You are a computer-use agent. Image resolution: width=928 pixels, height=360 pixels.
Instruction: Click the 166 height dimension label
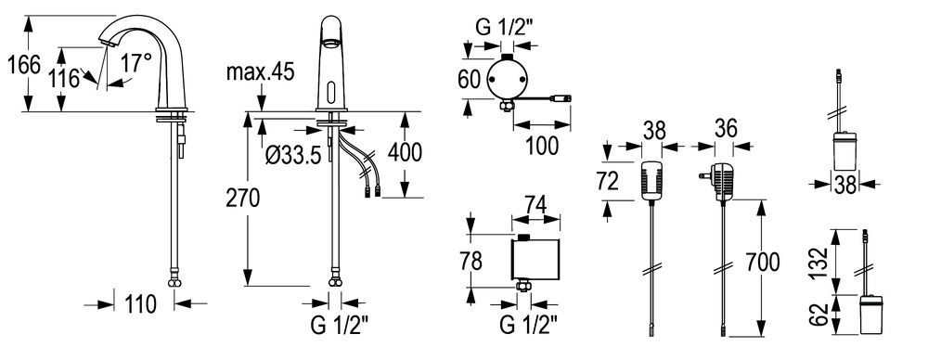click(24, 65)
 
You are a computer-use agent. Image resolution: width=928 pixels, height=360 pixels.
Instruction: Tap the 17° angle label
click(136, 63)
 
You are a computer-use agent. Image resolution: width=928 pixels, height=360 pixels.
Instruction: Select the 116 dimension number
click(63, 78)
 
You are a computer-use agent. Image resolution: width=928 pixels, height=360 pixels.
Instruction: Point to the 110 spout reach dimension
click(141, 304)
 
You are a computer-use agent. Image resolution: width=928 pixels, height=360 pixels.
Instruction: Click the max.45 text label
click(261, 72)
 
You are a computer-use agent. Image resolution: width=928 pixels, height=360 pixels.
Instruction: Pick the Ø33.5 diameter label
click(293, 155)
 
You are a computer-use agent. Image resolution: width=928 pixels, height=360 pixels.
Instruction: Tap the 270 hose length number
click(242, 199)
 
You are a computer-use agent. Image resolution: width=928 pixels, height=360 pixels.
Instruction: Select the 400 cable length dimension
click(405, 152)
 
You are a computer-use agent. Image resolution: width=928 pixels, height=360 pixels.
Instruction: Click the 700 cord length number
click(763, 261)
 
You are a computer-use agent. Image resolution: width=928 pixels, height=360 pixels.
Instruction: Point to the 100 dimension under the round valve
click(542, 145)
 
